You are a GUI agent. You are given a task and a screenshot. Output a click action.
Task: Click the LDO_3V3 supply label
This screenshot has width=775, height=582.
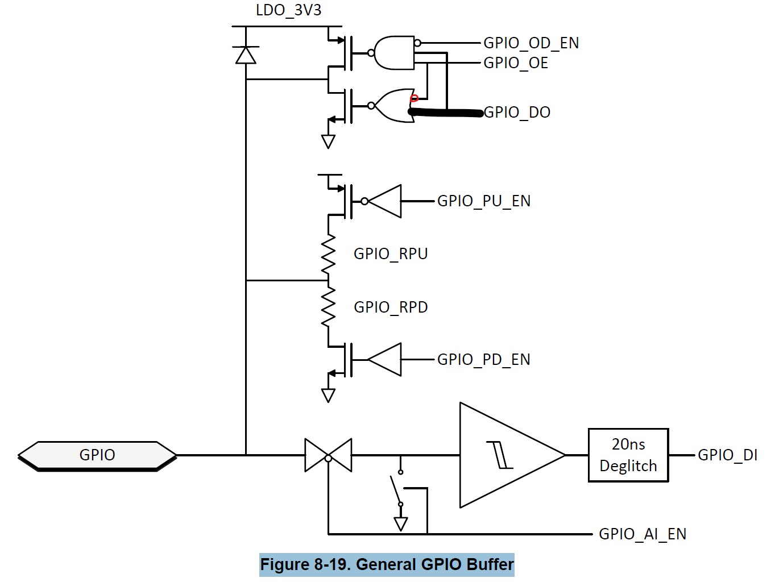tap(288, 10)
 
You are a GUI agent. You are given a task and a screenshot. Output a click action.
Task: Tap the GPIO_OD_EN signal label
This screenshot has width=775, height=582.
tap(531, 43)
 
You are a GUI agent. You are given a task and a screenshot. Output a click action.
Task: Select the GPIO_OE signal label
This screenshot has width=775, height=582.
tap(516, 63)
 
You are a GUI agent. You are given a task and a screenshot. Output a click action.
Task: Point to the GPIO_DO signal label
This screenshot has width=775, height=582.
tap(517, 112)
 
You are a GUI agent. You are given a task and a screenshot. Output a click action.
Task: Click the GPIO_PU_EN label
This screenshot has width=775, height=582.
tap(484, 201)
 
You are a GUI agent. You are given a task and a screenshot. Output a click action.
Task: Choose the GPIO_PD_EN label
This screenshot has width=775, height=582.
tap(484, 359)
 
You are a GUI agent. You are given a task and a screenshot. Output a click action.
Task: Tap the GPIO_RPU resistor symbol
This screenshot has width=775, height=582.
tap(328, 253)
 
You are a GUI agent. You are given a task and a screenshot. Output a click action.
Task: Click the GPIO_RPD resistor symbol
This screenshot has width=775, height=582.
tap(328, 306)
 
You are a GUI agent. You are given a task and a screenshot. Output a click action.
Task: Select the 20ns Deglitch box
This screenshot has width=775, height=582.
tap(628, 455)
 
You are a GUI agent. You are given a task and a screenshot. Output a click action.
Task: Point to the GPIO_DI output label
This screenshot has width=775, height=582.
tap(728, 455)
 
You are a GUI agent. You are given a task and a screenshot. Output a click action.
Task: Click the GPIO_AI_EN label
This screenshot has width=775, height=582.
tap(643, 534)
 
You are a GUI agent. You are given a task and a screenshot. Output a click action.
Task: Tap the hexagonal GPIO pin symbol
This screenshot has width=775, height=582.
tap(97, 456)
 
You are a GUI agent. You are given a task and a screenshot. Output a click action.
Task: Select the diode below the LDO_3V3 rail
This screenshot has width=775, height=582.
tap(246, 55)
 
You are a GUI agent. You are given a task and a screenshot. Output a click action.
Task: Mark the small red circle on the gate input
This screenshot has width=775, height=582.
tap(414, 98)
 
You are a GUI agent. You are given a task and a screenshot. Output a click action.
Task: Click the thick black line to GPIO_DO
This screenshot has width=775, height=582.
tap(446, 113)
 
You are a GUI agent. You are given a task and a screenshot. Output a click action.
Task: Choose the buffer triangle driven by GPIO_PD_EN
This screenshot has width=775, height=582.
tap(384, 359)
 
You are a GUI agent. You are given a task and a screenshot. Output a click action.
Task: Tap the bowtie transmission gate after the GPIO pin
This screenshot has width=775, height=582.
tap(328, 455)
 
